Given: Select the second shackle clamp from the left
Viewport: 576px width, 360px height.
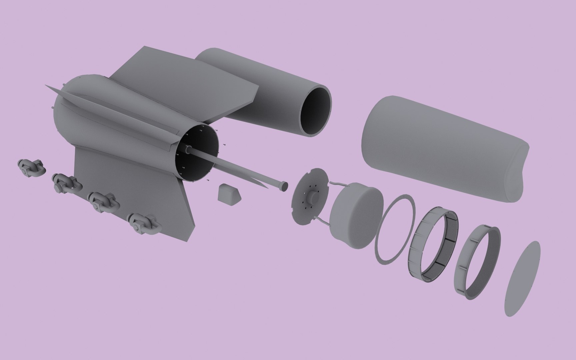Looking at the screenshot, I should [x=66, y=184].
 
